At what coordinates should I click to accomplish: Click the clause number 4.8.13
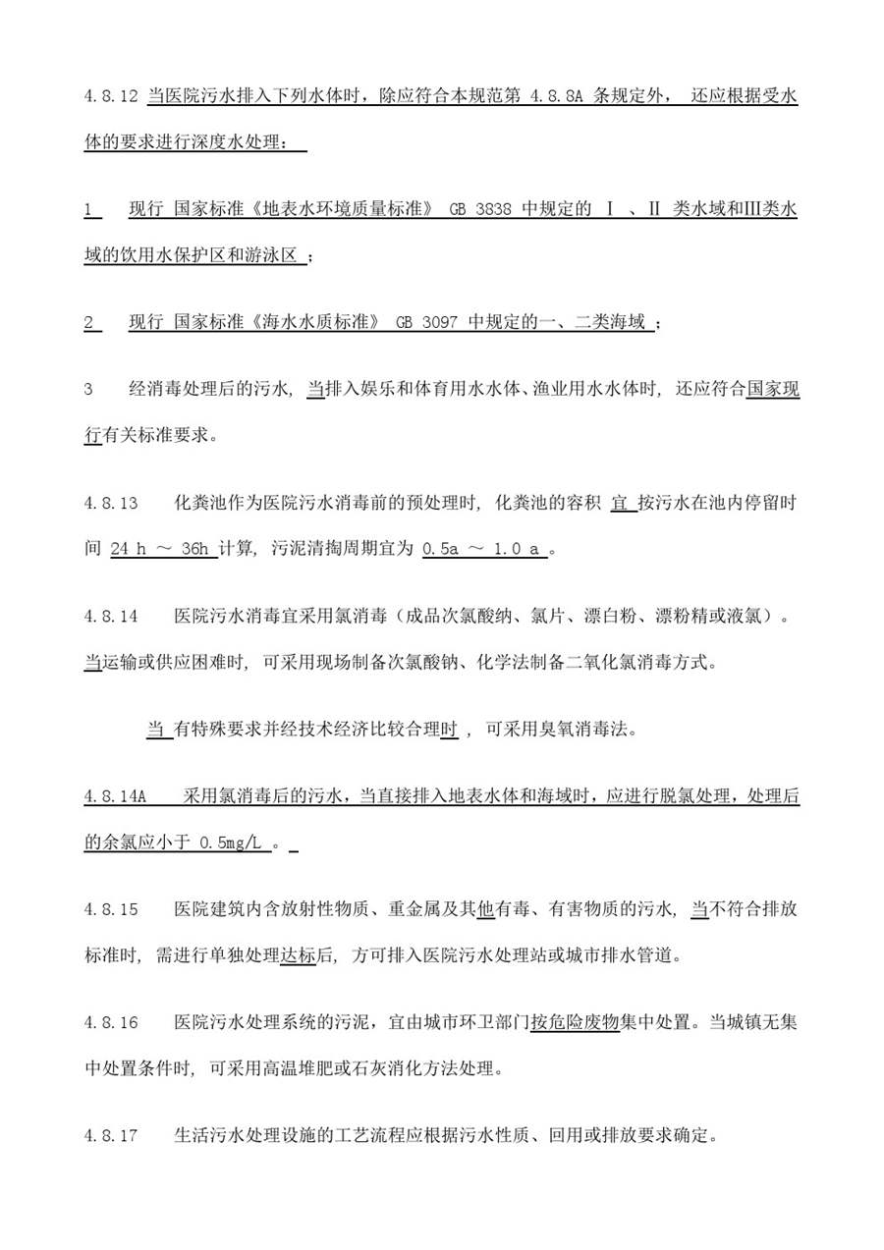pos(111,504)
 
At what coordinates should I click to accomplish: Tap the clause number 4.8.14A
pos(115,797)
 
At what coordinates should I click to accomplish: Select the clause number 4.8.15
pos(111,909)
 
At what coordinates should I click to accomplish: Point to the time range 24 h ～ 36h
pos(164,549)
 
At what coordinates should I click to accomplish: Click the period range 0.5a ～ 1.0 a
pos(484,549)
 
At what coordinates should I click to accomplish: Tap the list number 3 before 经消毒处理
pos(88,390)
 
